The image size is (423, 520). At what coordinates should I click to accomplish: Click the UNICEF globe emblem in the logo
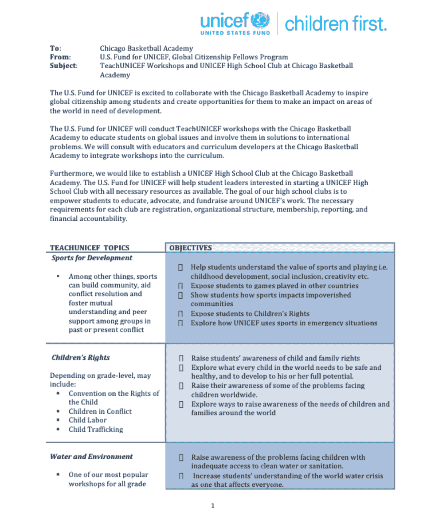pyautogui.click(x=260, y=20)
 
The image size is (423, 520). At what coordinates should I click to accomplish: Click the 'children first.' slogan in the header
pyautogui.click(x=335, y=24)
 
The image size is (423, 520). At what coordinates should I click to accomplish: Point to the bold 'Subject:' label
pyautogui.click(x=63, y=66)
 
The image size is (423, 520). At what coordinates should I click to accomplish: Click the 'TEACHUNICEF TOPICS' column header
pyautogui.click(x=90, y=248)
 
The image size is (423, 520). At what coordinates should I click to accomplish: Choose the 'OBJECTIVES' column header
pyautogui.click(x=191, y=248)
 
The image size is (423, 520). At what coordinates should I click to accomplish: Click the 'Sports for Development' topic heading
pyautogui.click(x=92, y=258)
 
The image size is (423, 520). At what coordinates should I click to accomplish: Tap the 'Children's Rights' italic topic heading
pyautogui.click(x=80, y=358)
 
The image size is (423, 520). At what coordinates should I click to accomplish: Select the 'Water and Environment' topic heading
pyautogui.click(x=91, y=457)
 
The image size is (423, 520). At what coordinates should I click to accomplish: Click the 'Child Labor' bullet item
pyautogui.click(x=87, y=420)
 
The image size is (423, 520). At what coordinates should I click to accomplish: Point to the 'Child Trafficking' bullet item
pyautogui.click(x=96, y=429)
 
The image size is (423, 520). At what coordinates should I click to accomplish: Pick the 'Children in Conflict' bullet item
pyautogui.click(x=100, y=411)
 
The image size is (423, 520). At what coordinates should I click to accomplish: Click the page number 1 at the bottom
pyautogui.click(x=213, y=505)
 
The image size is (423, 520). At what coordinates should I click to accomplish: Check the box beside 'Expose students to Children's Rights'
pyautogui.click(x=180, y=314)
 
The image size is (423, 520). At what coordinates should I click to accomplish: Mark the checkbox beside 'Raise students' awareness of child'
pyautogui.click(x=181, y=358)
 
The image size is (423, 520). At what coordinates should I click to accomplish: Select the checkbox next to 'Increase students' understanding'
pyautogui.click(x=181, y=476)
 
